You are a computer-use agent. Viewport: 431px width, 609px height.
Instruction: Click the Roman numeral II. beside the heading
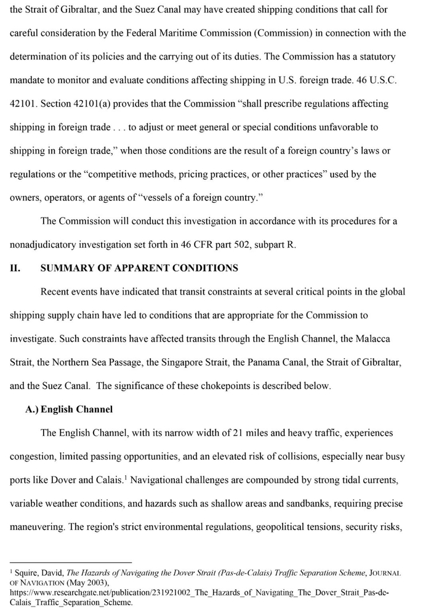(x=16, y=268)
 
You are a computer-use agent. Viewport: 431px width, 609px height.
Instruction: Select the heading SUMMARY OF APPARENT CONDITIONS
(x=139, y=268)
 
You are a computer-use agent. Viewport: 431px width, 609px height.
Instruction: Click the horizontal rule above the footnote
(x=71, y=562)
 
